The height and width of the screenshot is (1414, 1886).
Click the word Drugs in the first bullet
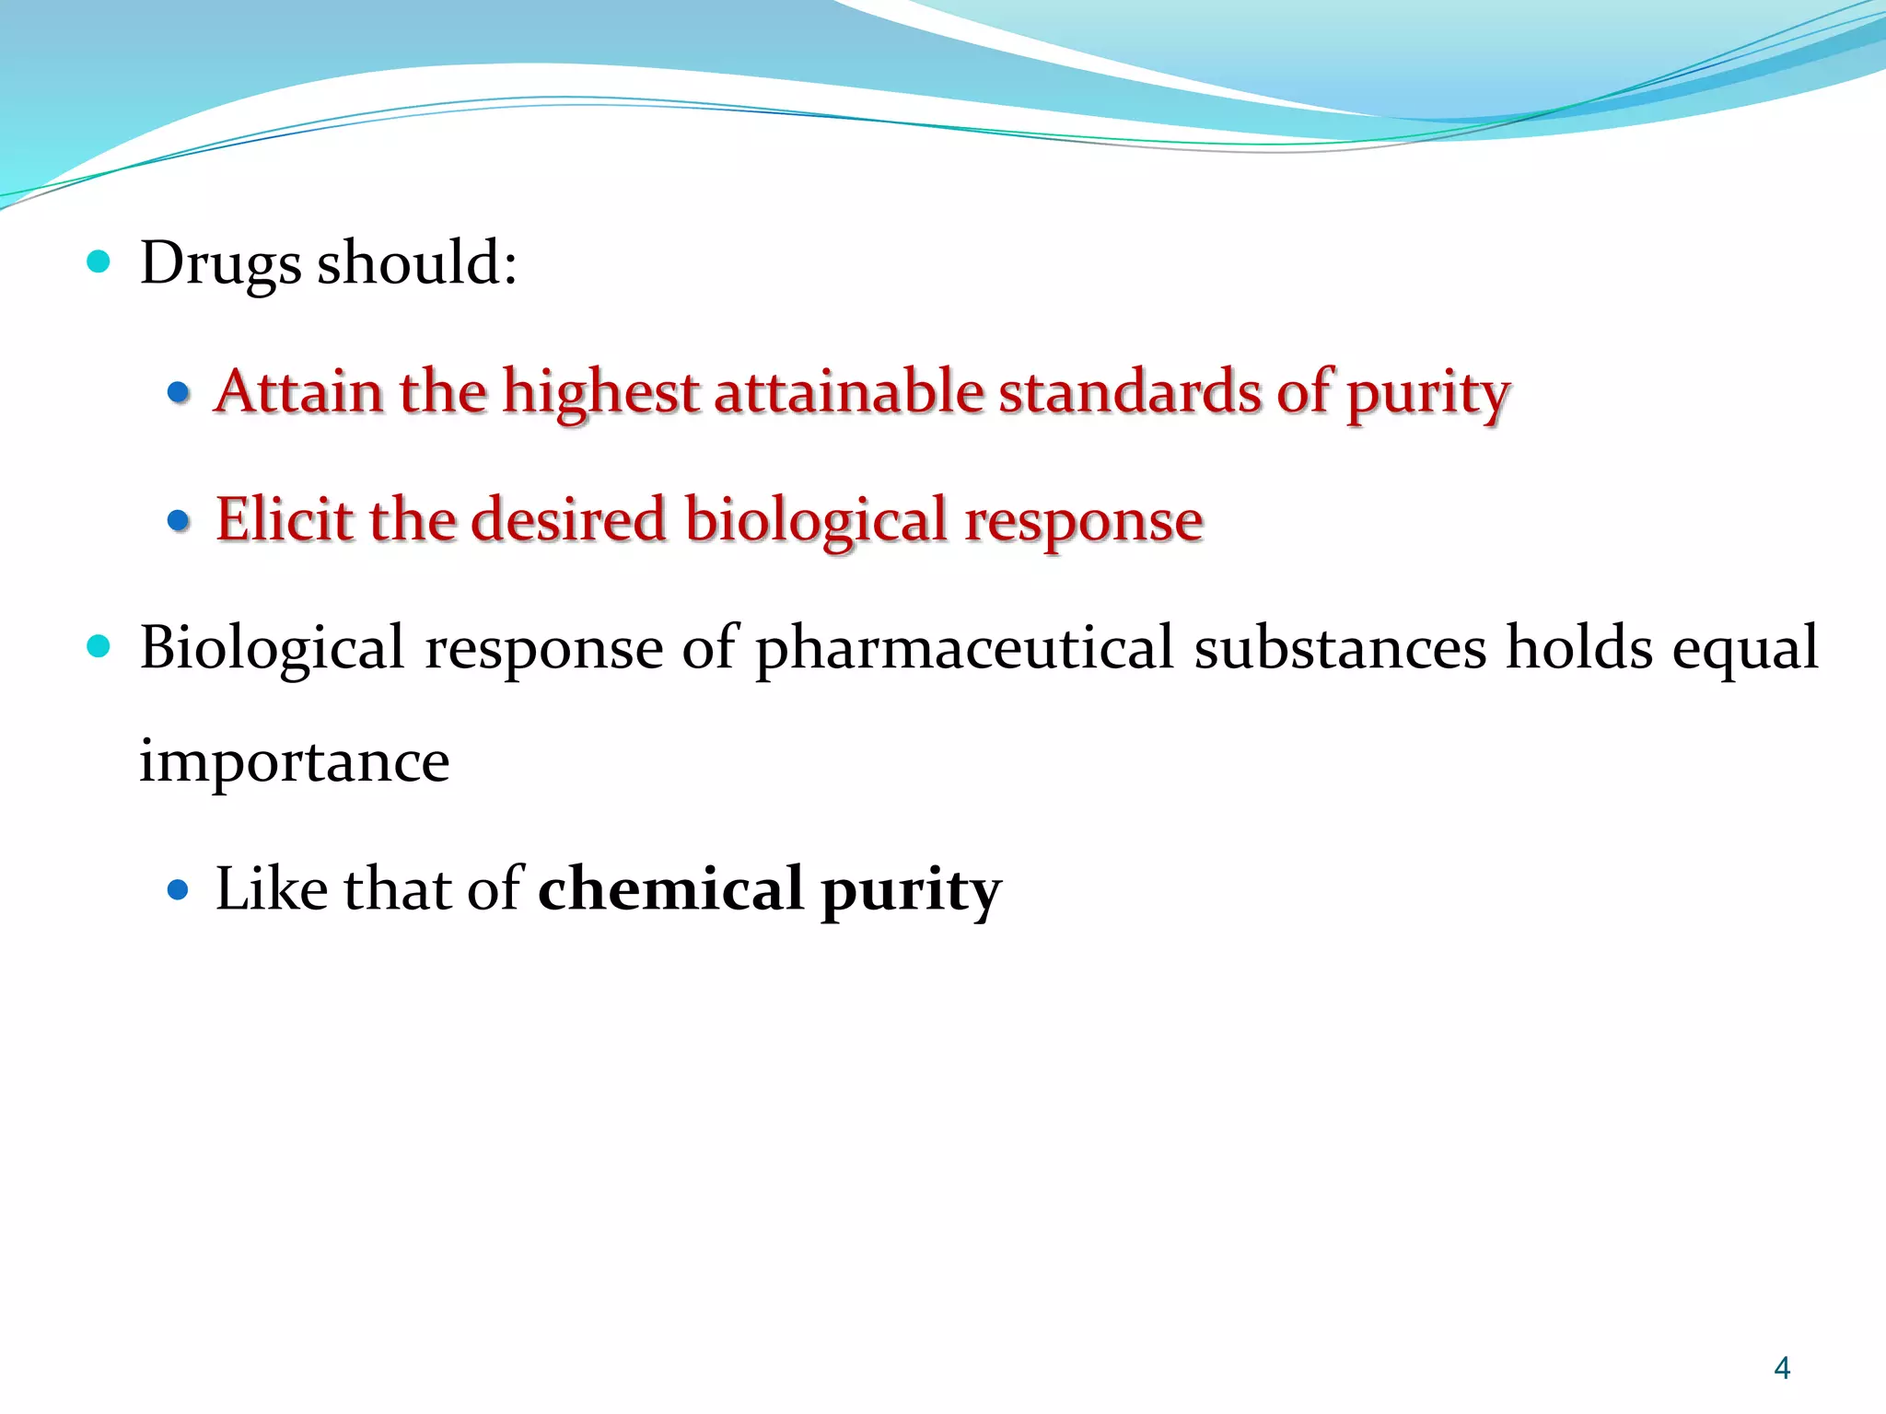(x=220, y=264)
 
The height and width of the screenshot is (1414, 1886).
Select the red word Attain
(x=298, y=391)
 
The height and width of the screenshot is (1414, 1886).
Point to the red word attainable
(x=848, y=391)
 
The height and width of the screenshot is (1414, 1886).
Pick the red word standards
(x=1129, y=391)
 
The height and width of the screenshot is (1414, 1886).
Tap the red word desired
(x=567, y=519)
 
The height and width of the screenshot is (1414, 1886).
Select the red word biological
(x=816, y=521)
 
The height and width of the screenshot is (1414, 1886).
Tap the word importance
(x=295, y=762)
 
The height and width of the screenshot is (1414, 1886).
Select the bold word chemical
(x=670, y=889)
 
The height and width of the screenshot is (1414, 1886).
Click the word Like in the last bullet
(x=271, y=889)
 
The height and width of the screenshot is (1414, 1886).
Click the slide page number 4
(x=1782, y=1368)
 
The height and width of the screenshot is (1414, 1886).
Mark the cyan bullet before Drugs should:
(x=99, y=262)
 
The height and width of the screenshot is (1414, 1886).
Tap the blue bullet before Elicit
(x=179, y=521)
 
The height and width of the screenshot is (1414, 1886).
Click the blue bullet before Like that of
(x=179, y=890)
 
